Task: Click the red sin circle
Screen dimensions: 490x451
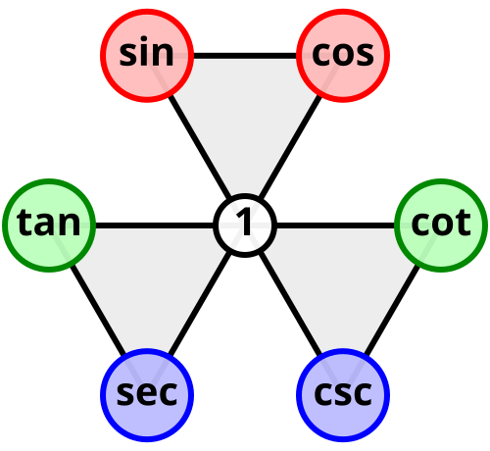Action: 147,56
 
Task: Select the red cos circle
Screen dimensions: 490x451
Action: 343,56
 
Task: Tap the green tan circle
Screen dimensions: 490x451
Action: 49,225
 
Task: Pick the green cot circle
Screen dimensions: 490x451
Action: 441,225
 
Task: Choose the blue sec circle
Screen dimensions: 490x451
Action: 147,395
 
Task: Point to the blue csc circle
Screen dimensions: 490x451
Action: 343,395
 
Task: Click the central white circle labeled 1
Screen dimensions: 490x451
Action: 245,225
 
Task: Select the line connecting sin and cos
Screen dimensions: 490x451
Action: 245,56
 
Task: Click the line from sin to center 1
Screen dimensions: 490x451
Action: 199,146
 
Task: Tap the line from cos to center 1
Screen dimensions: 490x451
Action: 291,146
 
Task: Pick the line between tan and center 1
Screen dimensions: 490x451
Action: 154,225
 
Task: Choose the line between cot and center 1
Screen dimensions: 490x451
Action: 336,225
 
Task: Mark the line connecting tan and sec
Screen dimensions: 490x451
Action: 98,311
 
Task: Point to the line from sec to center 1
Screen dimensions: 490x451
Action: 199,305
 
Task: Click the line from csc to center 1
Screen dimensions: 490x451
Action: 291,305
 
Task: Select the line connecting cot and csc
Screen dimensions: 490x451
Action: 392,311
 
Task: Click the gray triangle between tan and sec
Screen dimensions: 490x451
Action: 147,281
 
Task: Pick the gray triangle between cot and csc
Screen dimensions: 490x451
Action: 343,281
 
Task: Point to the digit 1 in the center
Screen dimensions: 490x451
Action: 244,222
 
